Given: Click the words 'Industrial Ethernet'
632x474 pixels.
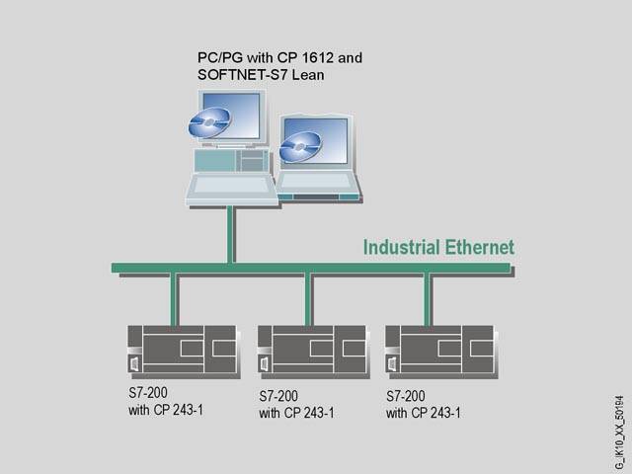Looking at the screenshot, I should click(438, 247).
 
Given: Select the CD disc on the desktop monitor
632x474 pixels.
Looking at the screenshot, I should click(209, 122).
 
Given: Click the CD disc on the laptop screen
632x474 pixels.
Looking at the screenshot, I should click(298, 147).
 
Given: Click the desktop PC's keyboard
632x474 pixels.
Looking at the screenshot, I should click(231, 187).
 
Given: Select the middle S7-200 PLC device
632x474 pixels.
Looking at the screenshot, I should click(312, 350).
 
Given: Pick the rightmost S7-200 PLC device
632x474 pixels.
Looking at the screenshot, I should click(439, 350).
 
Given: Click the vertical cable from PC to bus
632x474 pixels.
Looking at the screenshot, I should click(230, 235).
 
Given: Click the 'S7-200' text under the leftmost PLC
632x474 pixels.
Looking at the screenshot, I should click(148, 393).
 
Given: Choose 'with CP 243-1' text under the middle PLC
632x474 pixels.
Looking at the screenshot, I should click(296, 413).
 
